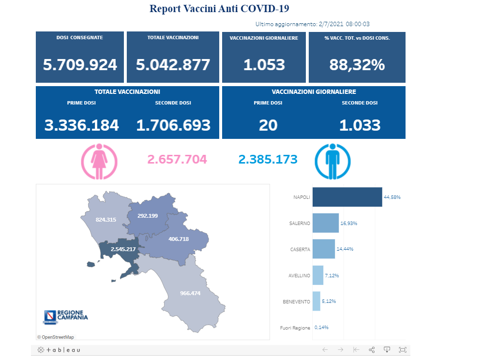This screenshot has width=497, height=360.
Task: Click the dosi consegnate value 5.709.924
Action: click(80, 65)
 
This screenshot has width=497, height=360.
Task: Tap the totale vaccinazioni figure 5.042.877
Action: click(173, 65)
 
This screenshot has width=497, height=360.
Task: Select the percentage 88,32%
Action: click(357, 65)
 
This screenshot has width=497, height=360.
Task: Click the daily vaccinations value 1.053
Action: click(264, 65)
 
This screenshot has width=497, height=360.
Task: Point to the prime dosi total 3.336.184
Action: click(81, 125)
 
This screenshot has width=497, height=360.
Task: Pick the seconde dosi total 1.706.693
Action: click(173, 125)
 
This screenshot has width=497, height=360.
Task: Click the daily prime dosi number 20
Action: click(268, 125)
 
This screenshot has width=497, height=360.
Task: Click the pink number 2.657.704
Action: click(177, 159)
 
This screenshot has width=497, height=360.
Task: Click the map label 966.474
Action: click(190, 293)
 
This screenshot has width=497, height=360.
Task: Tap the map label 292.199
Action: click(148, 216)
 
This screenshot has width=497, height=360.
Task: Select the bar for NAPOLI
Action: click(347, 197)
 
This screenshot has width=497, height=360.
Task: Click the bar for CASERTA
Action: click(324, 249)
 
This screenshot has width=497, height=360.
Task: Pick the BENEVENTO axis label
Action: click(296, 301)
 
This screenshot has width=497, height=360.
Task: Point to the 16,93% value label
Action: click(349, 223)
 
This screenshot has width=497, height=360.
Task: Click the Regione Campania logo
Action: click(66, 317)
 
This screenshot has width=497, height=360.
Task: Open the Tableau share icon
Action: click(372, 350)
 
